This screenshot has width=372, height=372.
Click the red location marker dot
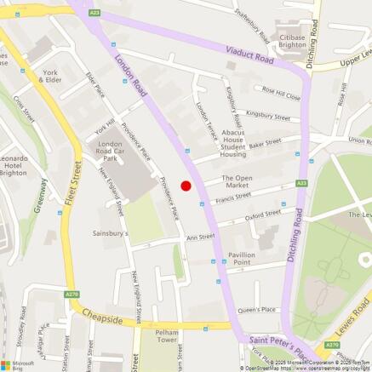pos(186,186)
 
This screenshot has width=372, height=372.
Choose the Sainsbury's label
pos(110,232)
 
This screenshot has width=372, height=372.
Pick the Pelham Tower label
pos(160,335)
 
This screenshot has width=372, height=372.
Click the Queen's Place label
pos(257,309)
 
